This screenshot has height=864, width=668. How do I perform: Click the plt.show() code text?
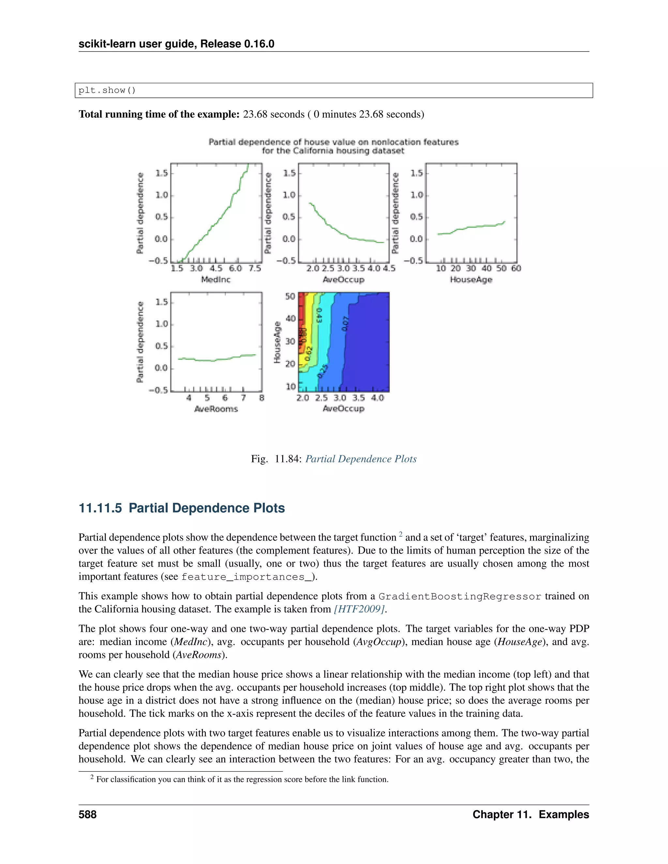[x=107, y=90]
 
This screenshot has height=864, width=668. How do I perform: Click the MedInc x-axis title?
[x=216, y=279]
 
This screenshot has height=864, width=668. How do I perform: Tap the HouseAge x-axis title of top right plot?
[x=471, y=279]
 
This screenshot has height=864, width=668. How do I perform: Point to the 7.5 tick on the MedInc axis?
[x=255, y=268]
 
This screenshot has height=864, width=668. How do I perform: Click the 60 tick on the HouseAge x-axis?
[x=516, y=268]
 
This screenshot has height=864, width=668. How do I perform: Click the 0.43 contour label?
[x=319, y=315]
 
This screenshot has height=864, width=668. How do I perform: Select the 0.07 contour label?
[x=345, y=324]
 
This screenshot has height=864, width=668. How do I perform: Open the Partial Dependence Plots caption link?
[x=361, y=459]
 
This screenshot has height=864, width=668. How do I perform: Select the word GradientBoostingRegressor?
[x=460, y=596]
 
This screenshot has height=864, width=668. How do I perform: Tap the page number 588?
[x=87, y=814]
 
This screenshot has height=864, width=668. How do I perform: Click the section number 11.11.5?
[x=100, y=508]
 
